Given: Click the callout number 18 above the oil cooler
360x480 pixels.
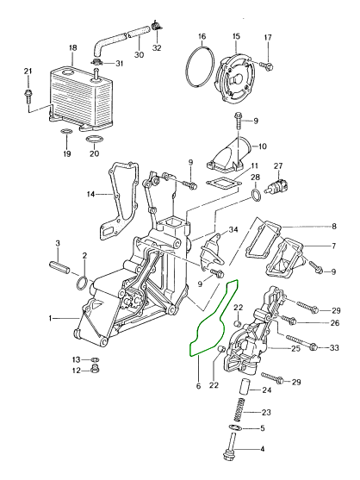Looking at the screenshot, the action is [x=73, y=48].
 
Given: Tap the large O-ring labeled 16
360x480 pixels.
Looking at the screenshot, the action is [x=186, y=65].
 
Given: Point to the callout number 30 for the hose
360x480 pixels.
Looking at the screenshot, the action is [x=140, y=54].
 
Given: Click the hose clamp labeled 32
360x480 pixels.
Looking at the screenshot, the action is [x=156, y=25].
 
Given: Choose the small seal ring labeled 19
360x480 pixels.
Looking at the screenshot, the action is [x=67, y=132].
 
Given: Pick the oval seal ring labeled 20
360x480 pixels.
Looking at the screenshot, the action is [x=94, y=140].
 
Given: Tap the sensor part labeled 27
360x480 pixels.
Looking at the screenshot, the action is [x=278, y=185].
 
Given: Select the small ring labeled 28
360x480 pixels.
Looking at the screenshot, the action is [x=256, y=196].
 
